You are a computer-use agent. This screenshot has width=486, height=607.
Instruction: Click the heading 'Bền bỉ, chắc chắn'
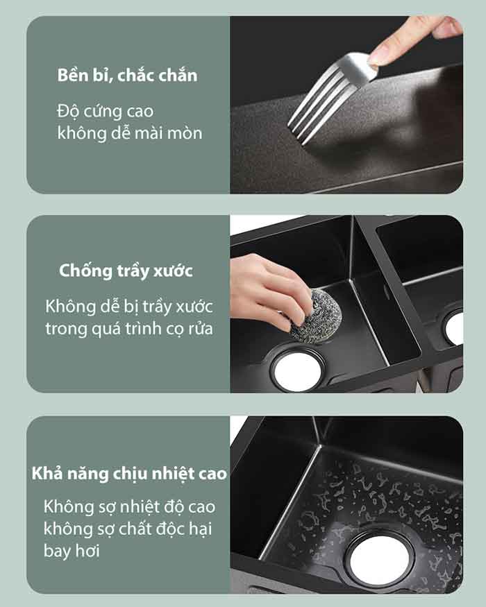coord(127,76)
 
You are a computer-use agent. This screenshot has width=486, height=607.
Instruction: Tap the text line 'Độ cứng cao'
coord(105,112)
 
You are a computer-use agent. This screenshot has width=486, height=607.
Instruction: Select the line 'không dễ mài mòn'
coord(130,133)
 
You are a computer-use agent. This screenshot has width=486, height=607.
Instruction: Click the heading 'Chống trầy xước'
coord(126,271)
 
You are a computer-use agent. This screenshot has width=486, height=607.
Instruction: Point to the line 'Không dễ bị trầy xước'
coord(129,307)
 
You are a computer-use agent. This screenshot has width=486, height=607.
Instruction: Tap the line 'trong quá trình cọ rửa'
coord(129,329)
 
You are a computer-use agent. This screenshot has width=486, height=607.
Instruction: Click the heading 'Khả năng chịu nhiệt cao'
coord(129,473)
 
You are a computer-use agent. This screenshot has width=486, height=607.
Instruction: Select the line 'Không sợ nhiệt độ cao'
coord(129,506)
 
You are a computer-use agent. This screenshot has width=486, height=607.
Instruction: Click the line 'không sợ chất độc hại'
coord(128,529)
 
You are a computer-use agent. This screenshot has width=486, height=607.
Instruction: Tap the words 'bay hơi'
coord(72,551)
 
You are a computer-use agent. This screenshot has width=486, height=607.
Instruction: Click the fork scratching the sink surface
coord(330,98)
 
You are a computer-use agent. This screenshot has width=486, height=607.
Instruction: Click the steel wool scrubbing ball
coord(316,315)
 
